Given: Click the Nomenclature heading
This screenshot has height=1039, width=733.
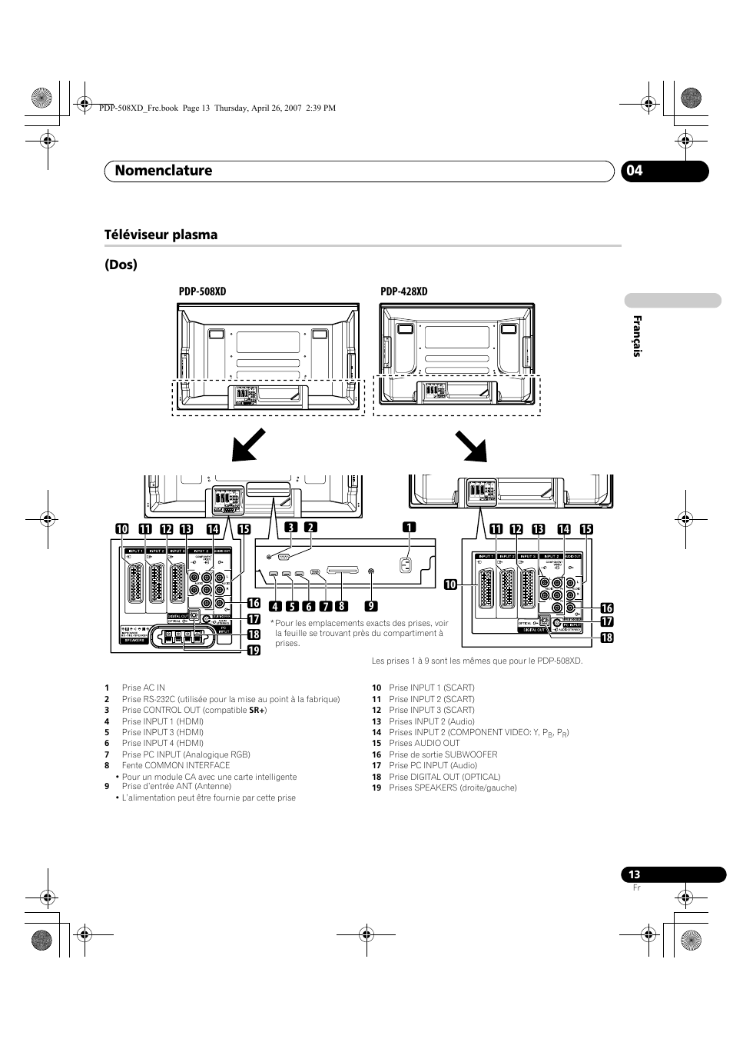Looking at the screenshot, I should click(163, 171).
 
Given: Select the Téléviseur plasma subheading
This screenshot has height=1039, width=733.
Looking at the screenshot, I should click(161, 235).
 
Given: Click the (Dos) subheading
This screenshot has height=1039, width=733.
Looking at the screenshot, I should click(121, 265).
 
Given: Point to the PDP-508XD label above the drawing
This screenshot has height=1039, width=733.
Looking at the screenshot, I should click(202, 291).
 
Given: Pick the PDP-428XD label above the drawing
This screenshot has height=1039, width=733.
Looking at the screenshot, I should click(403, 291).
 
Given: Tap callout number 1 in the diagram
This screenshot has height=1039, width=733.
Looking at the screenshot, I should click(410, 528).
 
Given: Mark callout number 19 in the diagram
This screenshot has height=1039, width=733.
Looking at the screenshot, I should click(253, 651).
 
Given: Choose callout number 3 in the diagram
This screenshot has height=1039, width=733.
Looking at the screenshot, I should click(291, 528).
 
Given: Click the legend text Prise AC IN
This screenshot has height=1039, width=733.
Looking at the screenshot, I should click(143, 688).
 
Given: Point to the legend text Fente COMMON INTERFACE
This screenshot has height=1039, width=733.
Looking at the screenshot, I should click(175, 765).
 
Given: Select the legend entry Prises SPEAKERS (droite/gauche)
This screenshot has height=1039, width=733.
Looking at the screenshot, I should click(453, 788).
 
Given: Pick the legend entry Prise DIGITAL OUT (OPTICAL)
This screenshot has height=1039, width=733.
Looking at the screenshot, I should click(444, 777).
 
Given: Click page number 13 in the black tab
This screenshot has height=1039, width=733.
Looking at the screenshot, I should click(634, 874).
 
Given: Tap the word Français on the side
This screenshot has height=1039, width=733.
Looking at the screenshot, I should click(636, 336).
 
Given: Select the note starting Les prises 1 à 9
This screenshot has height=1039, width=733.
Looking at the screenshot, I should click(477, 661).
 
